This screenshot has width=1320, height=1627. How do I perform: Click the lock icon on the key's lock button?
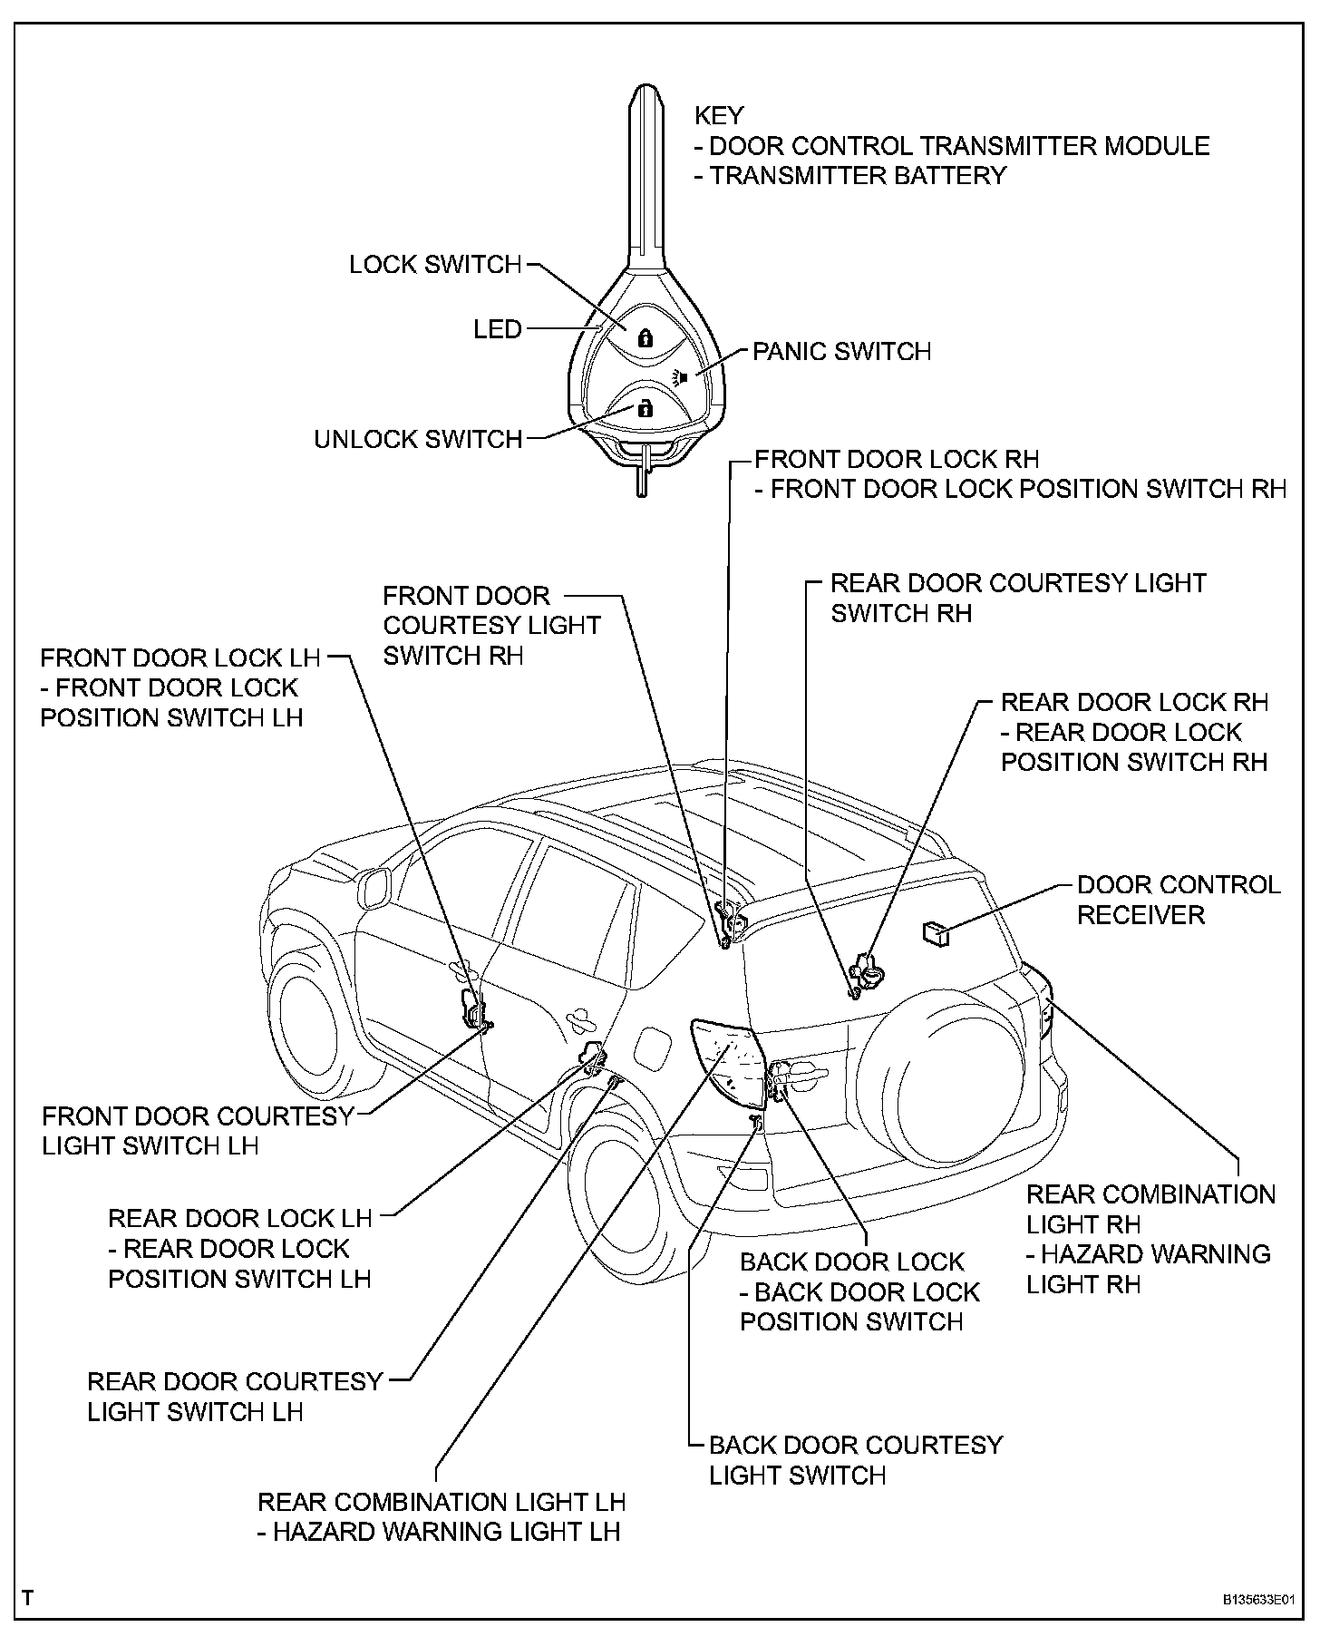pos(645,339)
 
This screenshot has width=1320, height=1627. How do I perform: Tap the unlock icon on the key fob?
pos(645,408)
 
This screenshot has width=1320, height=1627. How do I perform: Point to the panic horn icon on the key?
pos(682,375)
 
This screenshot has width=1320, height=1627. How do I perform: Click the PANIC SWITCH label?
pos(841,352)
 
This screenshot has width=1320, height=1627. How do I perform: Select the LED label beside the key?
pos(498,329)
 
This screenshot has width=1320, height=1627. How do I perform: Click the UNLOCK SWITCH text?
pos(418,440)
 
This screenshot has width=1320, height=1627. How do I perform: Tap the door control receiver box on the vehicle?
pos(935,932)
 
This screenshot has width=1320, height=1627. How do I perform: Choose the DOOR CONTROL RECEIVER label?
pos(1178,900)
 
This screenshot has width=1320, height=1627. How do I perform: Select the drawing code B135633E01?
pos(1257,1600)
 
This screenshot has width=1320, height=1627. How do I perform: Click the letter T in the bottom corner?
pos(28,1598)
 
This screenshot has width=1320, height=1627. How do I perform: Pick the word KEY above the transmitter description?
pos(719,116)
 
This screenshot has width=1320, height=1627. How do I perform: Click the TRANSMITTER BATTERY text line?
pos(850,176)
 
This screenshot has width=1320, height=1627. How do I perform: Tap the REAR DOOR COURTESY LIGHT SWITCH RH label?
pos(1017,598)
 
